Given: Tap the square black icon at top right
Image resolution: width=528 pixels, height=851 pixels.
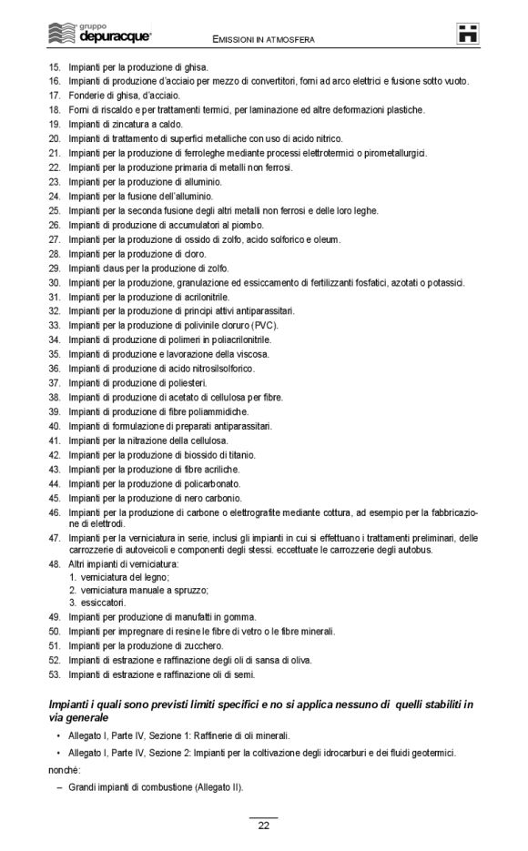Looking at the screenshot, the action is click(469, 35).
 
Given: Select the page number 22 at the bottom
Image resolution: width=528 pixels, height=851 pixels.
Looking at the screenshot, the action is click(263, 826).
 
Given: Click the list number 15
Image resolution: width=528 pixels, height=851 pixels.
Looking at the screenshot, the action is click(54, 66).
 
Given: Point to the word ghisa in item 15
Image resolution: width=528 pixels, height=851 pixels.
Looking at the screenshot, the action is click(197, 66).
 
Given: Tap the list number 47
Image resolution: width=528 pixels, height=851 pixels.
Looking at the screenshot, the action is click(54, 538).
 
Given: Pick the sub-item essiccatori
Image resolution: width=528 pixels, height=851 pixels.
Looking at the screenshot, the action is click(102, 602).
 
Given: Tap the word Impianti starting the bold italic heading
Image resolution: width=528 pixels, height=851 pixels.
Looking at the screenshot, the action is click(69, 704).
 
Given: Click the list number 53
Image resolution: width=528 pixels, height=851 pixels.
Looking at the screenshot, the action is click(54, 674).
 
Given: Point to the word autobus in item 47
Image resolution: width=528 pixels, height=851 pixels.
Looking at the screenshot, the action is click(416, 550).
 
